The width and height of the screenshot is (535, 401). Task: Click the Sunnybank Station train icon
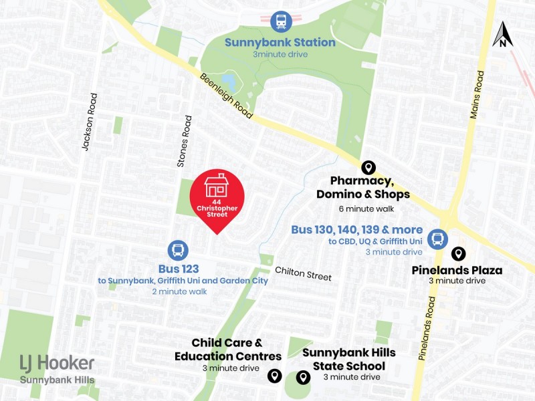point(281,21)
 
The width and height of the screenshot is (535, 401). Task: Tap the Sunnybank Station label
point(280,42)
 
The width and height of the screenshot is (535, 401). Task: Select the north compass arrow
point(502,35)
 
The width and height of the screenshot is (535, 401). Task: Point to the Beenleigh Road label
point(226,96)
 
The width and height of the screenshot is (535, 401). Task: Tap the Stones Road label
point(185,141)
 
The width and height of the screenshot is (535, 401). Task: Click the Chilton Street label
point(303,273)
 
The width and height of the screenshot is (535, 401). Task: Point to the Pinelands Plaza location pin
point(458,254)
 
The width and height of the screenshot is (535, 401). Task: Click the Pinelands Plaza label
point(457,271)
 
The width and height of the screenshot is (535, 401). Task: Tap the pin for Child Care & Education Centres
point(274,376)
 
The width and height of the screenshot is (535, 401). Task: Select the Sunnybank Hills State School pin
point(303,378)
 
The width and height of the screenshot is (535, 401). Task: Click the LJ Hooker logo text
point(57,364)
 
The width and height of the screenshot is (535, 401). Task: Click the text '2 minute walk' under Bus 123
point(179,291)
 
